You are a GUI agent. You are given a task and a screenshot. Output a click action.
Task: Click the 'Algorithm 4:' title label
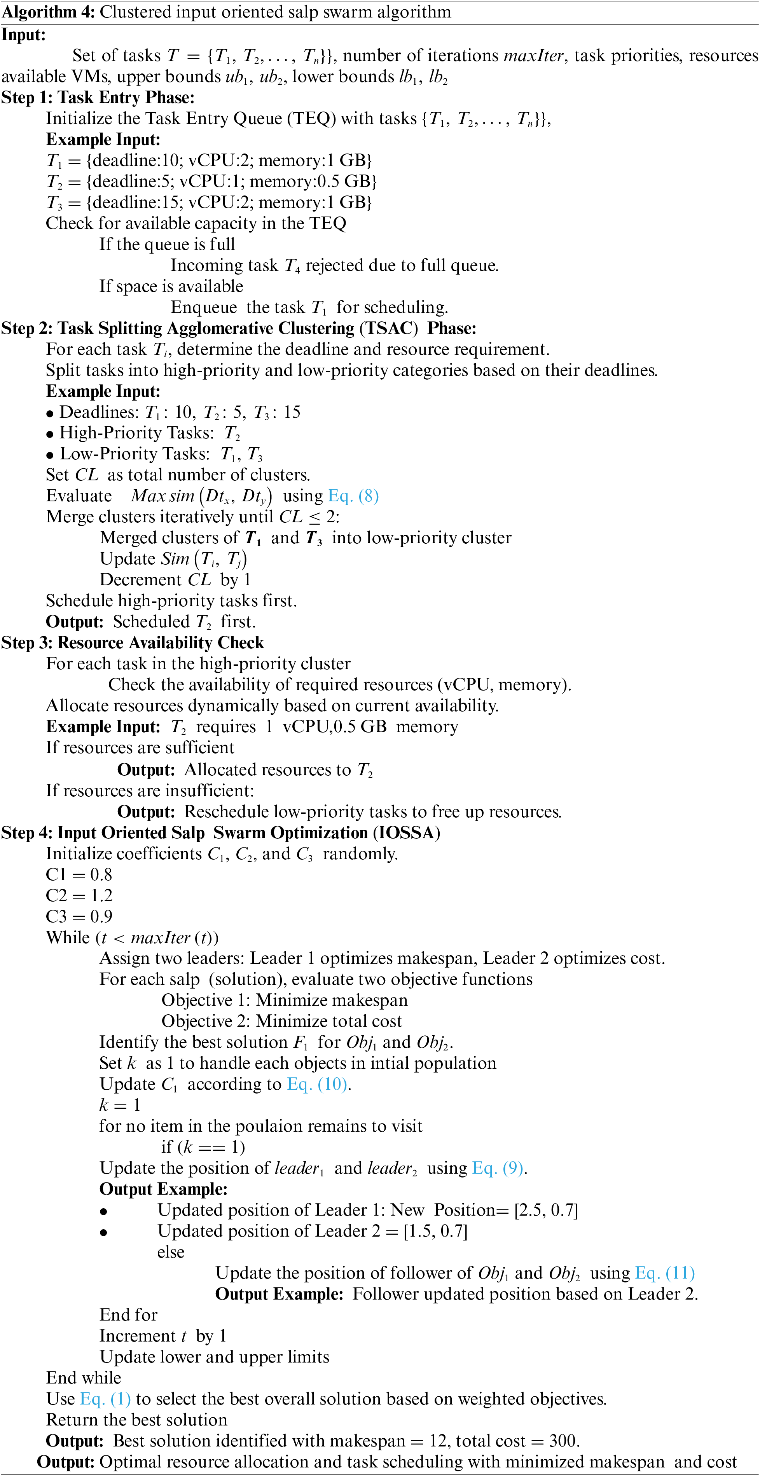point(48,12)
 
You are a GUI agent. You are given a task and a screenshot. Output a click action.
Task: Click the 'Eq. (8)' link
point(353,496)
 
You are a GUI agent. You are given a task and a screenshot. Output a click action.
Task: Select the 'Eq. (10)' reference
point(317,1085)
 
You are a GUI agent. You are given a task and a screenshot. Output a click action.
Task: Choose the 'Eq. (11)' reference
point(665,1273)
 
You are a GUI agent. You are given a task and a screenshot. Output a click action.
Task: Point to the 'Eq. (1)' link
point(105,1399)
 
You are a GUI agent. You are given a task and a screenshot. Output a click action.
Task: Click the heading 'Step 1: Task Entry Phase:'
point(98,98)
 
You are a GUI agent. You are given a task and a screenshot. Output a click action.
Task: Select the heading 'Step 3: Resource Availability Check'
point(133,643)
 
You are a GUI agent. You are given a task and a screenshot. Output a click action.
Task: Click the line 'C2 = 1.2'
point(79,895)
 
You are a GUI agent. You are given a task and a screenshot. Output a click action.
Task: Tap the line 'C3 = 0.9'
point(79,917)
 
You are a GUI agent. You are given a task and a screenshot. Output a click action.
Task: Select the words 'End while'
point(84,1378)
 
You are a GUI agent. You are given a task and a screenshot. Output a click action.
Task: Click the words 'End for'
point(128,1315)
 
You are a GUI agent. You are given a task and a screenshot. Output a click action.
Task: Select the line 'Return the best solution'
point(136,1420)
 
